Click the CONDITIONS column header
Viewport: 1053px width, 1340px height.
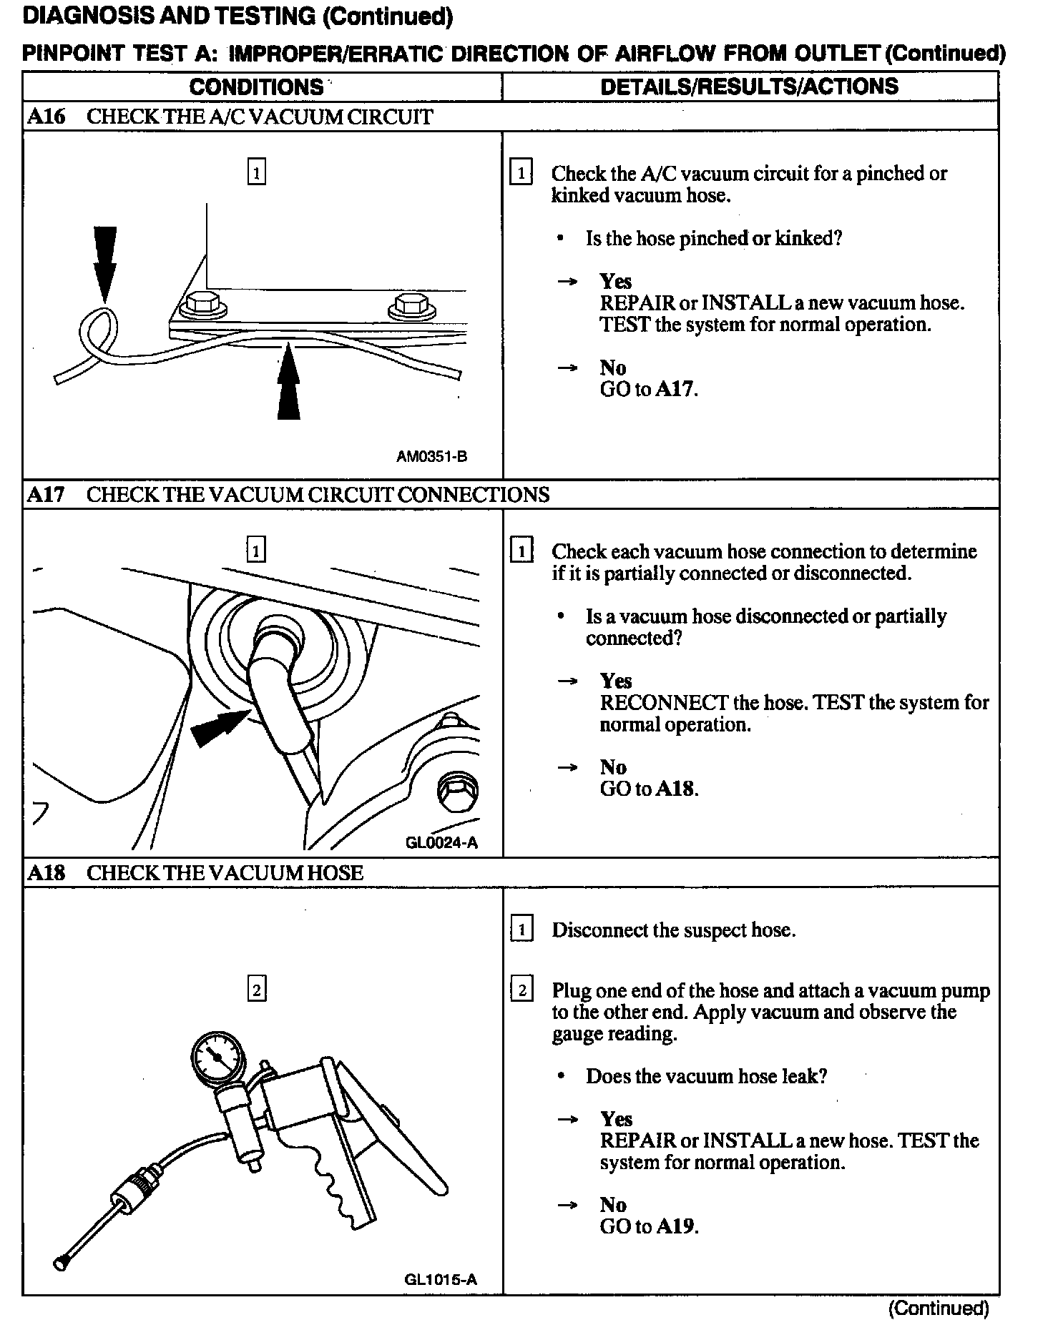point(256,87)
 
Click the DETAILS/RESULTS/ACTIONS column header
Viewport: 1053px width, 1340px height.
point(749,87)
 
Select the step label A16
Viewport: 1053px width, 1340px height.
point(46,117)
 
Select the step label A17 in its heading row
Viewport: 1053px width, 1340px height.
point(46,494)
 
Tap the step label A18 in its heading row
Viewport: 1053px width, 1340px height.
point(46,872)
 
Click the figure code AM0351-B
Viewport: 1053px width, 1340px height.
point(431,456)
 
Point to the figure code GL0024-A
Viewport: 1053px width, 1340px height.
point(441,842)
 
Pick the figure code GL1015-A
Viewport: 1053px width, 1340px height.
point(440,1279)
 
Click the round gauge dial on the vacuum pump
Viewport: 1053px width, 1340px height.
point(217,1056)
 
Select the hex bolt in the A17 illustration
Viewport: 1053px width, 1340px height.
point(456,790)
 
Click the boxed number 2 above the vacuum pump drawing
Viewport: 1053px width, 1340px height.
point(256,990)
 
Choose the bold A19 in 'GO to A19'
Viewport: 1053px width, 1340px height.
point(675,1226)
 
